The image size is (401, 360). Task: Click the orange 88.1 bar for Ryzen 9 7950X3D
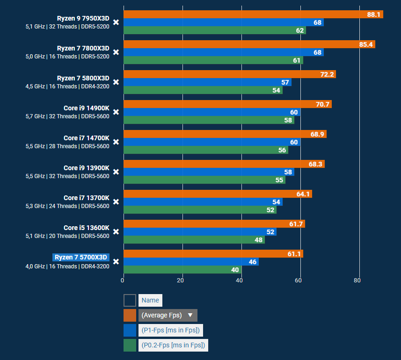coord(253,14)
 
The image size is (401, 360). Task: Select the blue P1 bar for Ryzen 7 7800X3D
coord(223,52)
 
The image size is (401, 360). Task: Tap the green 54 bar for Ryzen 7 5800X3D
coord(203,90)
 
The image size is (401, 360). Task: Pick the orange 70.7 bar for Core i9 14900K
coord(227,104)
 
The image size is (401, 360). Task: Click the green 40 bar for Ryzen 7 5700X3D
coord(182,270)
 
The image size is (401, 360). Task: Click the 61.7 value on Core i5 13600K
coord(296,224)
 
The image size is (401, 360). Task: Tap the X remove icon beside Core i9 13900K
coord(116,172)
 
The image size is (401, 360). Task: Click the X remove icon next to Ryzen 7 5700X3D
coord(116,262)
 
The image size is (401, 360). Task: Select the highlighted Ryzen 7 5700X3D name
coord(81,257)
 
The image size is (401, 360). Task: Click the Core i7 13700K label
coord(86,198)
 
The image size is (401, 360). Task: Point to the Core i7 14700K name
coord(86,138)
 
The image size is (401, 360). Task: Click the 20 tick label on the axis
coord(181,281)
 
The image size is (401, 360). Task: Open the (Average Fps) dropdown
coord(168,315)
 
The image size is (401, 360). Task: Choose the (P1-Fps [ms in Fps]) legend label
coord(170,331)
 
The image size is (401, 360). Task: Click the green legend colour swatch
coord(130,346)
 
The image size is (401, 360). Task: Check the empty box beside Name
coord(130,300)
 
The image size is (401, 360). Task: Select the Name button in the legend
coord(150,300)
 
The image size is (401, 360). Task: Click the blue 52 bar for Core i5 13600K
coord(199,232)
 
